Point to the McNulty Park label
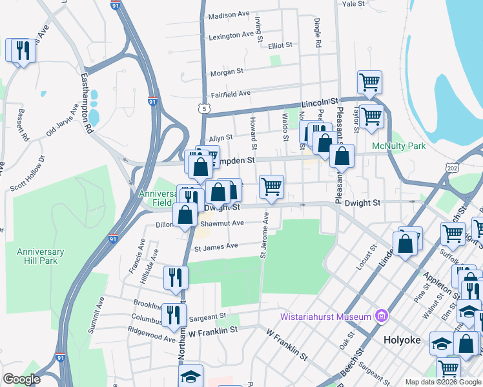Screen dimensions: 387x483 coord(399,146)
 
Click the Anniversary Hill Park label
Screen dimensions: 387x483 coord(40,256)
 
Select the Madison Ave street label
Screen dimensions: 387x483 coord(229,14)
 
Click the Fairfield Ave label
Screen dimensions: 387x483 coord(230,94)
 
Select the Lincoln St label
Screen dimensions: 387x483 coord(321,103)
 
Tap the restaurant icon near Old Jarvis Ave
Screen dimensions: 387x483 coord(23,51)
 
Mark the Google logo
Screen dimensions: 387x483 coord(21,379)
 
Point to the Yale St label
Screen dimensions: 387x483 coord(353,4)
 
